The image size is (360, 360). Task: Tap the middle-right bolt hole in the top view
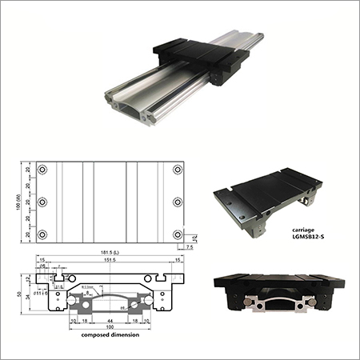click(x=177, y=202)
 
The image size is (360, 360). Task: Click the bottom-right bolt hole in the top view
click(x=177, y=234)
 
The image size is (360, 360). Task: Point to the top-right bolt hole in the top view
click(x=177, y=170)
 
